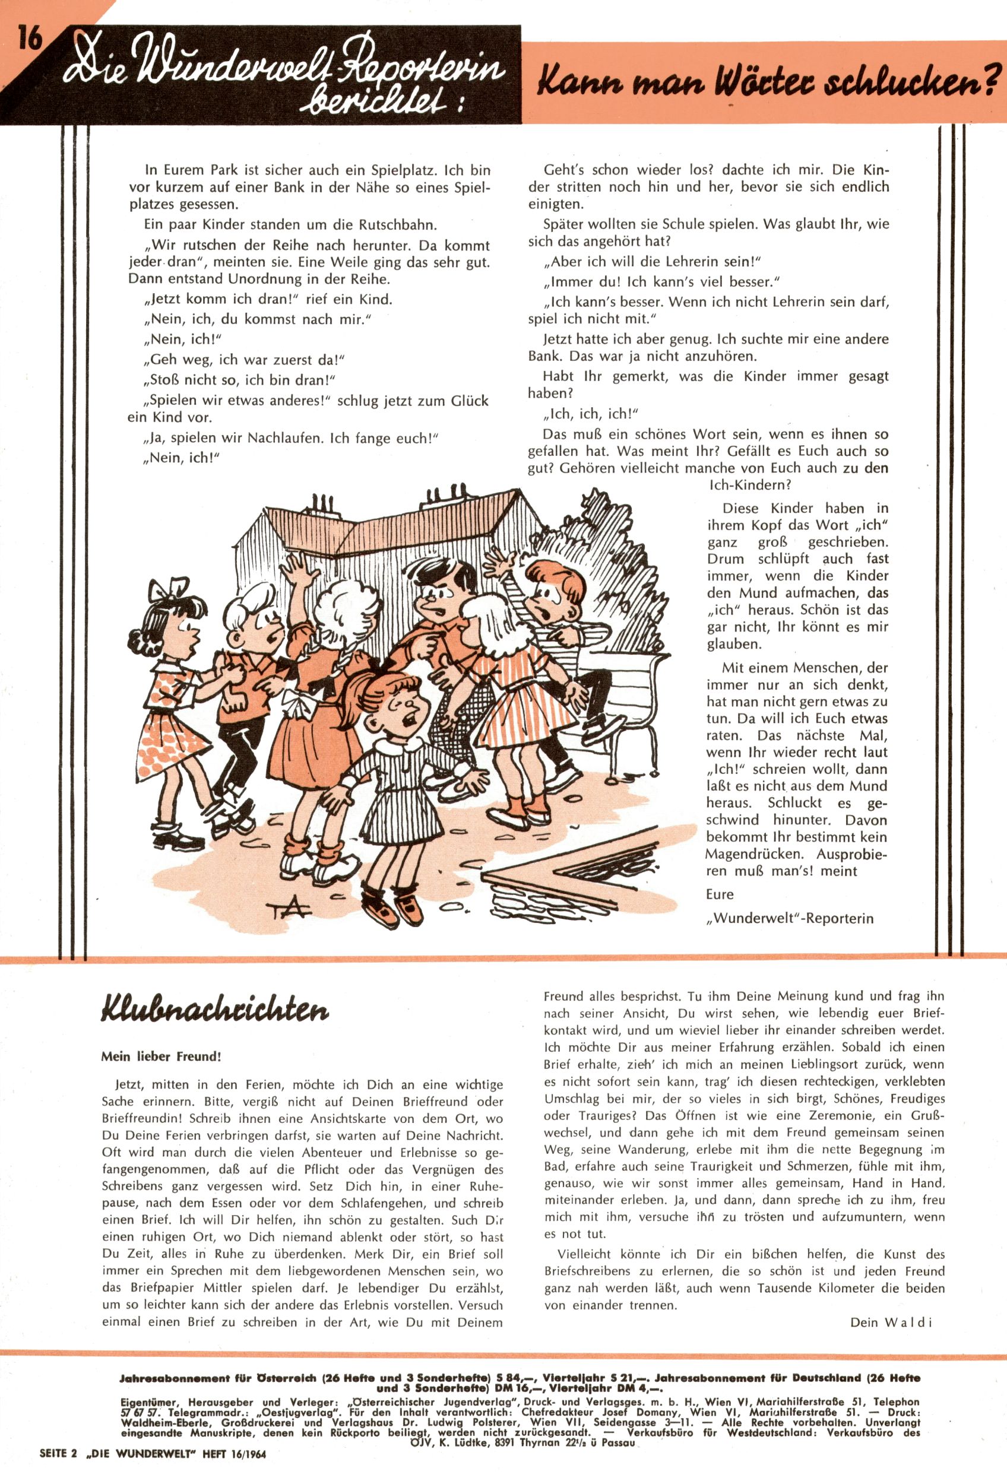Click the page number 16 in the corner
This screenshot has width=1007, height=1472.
28,39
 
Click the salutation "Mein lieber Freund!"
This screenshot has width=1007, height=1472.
161,1057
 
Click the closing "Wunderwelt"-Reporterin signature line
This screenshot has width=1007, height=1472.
790,918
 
